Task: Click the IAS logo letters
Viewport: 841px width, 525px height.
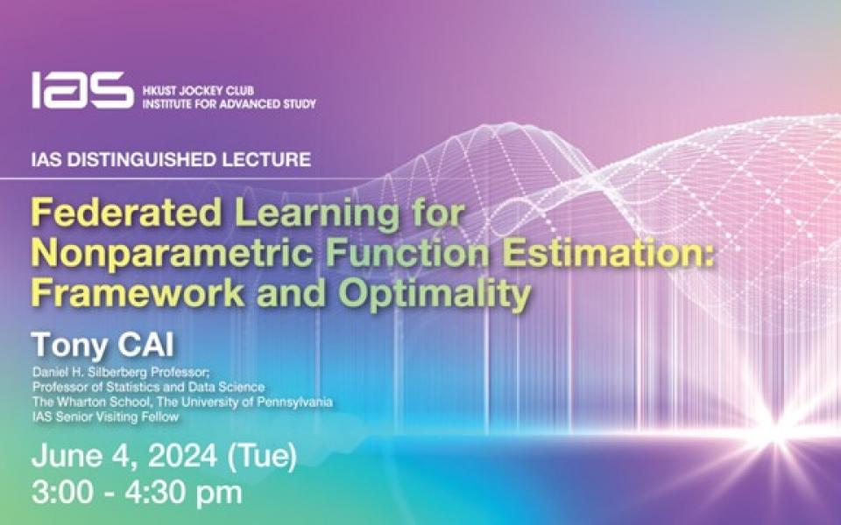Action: pyautogui.click(x=82, y=90)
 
